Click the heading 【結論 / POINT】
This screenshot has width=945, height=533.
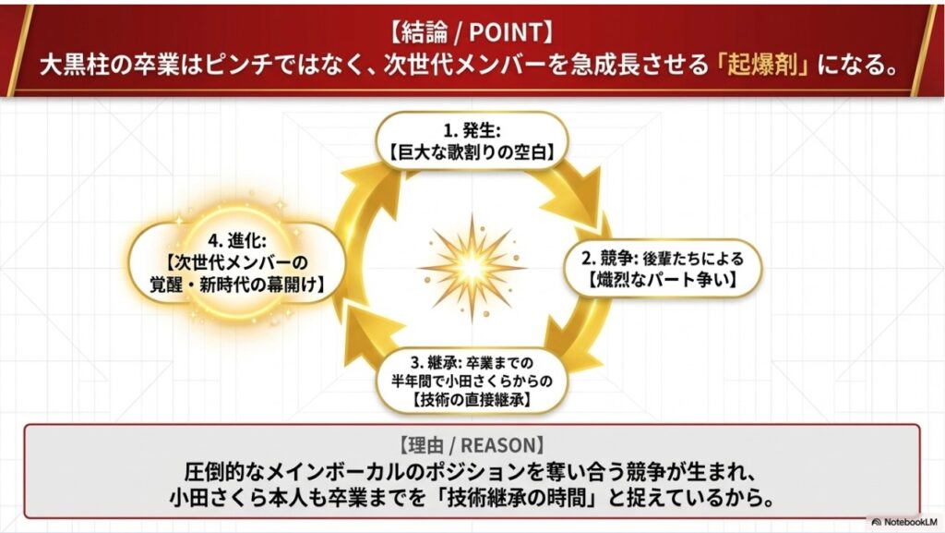click(x=472, y=33)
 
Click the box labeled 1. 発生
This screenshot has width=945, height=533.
click(x=471, y=139)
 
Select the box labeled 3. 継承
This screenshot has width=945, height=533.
click(x=471, y=379)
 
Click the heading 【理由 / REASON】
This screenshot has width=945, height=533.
click(x=472, y=442)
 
